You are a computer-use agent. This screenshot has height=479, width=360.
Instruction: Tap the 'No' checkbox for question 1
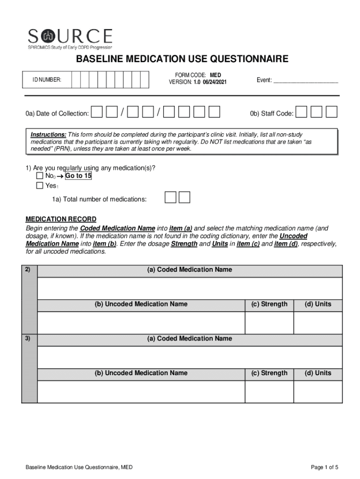point(40,176)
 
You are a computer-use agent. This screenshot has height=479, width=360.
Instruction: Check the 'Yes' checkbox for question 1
point(40,186)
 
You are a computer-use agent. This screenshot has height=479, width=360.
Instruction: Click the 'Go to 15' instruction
point(78,176)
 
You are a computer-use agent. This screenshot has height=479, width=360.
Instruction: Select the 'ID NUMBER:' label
point(46,80)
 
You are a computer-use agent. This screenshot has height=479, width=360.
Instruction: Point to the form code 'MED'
point(216,75)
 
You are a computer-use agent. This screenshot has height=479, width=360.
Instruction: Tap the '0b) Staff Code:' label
point(272,113)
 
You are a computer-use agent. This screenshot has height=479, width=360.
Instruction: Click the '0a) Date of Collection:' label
point(58,113)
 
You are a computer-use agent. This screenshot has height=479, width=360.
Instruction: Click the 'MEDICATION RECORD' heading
point(61,219)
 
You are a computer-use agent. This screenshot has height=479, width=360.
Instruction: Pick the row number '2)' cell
point(29,269)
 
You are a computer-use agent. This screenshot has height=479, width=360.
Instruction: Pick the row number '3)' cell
point(29,338)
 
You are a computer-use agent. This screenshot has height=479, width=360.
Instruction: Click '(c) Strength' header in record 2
point(269,304)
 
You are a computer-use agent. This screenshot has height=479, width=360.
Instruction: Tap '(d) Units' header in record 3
point(318,373)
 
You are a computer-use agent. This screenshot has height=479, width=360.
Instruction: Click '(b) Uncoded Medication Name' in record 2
point(141,304)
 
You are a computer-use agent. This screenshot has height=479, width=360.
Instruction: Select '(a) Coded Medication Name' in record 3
point(189,338)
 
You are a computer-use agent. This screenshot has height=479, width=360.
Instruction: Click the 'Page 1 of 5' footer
point(324,467)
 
